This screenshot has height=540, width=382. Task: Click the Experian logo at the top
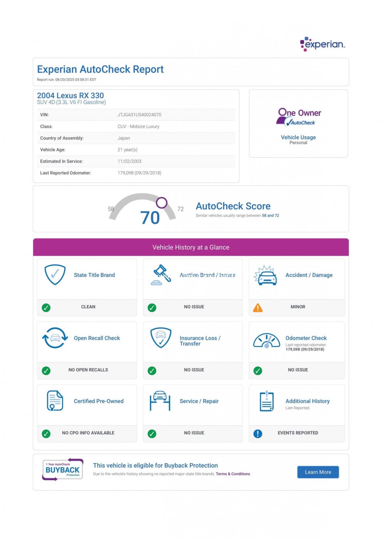tap(322, 44)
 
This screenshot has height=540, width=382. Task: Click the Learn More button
tap(318, 472)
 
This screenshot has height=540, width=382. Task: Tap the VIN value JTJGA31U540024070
tap(139, 115)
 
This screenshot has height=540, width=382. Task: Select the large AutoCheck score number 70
tap(150, 218)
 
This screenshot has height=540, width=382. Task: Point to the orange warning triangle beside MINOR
tap(257, 308)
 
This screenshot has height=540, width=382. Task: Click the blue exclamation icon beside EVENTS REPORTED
tap(257, 434)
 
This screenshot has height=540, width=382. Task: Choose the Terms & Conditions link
tap(233, 474)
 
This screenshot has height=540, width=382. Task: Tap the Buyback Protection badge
tap(63, 469)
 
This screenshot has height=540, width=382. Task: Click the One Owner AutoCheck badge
tap(299, 117)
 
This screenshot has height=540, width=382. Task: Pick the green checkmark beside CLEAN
tap(46, 307)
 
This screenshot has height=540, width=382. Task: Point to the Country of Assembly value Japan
tap(124, 138)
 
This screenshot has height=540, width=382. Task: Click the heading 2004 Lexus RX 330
tap(71, 95)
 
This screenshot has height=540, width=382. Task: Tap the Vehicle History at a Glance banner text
tap(191, 247)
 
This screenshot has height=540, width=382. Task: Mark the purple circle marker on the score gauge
tap(162, 202)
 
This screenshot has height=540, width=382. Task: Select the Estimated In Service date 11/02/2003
tap(129, 161)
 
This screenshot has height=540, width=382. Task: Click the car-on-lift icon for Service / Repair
tap(160, 401)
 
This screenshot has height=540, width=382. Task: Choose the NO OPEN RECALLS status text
tap(88, 370)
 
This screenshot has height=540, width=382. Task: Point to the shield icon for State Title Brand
tap(55, 274)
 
